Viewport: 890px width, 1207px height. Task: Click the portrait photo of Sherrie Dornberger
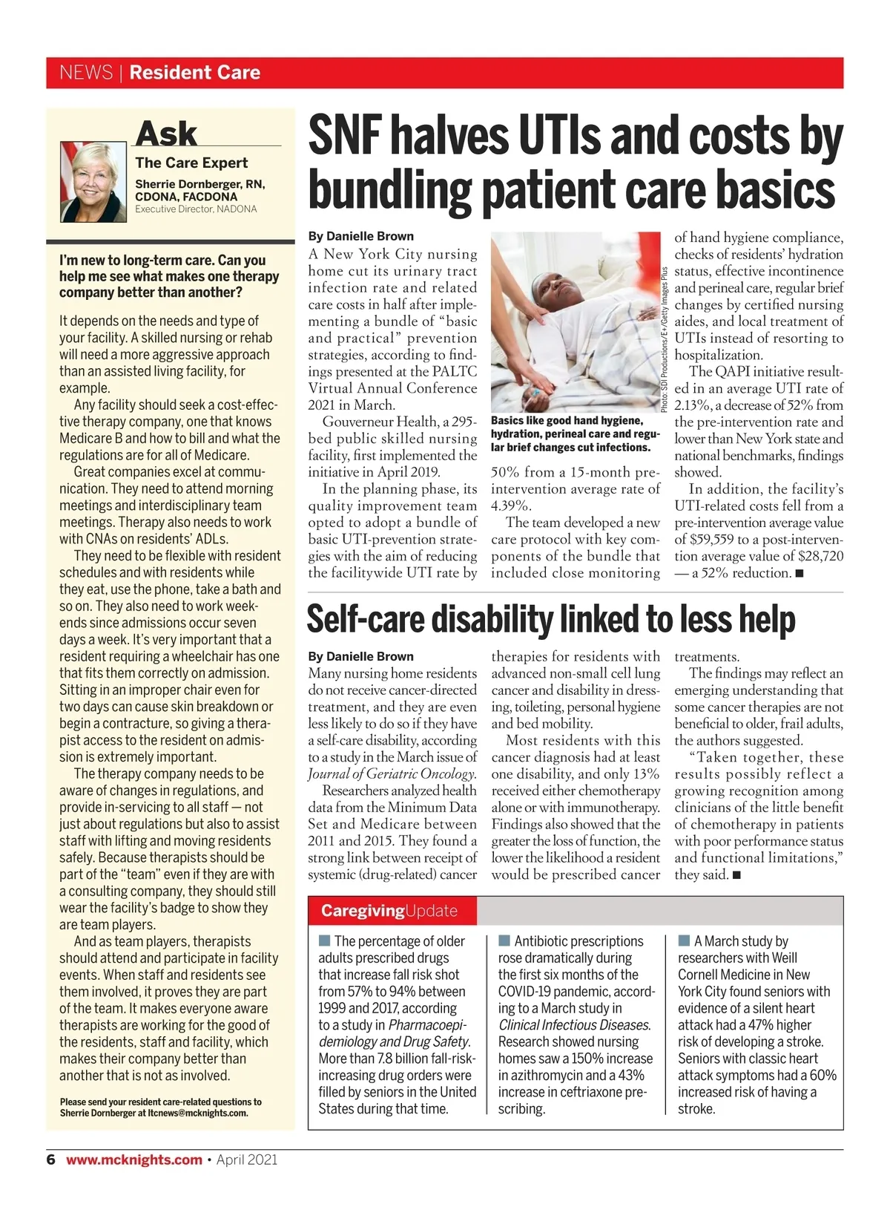coord(93,181)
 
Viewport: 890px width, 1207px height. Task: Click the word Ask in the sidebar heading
coord(167,134)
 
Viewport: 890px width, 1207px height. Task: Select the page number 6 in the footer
coord(50,1159)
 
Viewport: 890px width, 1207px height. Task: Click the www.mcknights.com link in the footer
coord(134,1159)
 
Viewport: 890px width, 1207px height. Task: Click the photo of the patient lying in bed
coord(575,321)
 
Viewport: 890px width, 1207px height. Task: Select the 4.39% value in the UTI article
coord(511,506)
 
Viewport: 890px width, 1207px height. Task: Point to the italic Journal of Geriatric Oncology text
coord(392,773)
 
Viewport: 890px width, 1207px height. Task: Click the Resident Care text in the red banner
coord(195,73)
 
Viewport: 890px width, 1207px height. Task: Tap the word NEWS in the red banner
coord(86,73)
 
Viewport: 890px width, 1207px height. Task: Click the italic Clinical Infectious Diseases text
coord(575,1025)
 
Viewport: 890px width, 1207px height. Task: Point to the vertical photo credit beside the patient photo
coord(665,338)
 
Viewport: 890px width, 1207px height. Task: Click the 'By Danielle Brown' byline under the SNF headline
coord(361,236)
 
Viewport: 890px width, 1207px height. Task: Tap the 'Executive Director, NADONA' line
coord(196,209)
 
